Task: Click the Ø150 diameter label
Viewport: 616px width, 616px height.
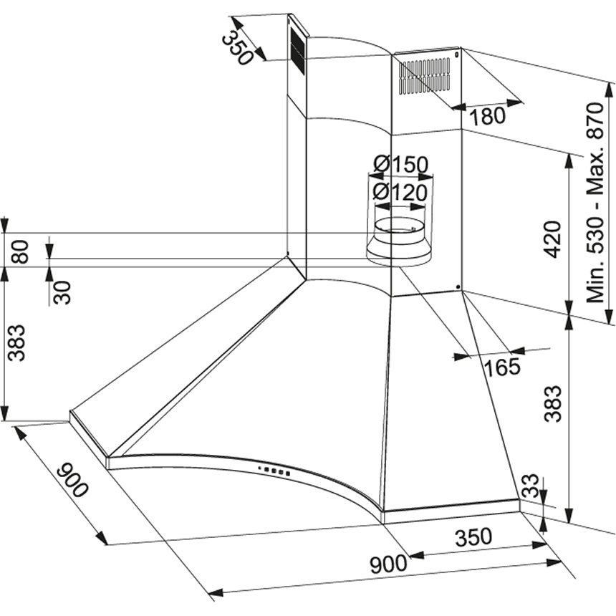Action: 401,165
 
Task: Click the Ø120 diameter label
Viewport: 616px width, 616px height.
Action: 400,192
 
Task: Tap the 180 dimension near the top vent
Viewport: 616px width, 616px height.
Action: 488,116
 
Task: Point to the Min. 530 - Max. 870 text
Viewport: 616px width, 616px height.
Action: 599,202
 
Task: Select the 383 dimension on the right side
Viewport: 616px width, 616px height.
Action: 551,404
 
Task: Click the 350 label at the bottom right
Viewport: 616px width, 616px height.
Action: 473,536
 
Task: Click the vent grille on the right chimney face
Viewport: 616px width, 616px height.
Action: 425,77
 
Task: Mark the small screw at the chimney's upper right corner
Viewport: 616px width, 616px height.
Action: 456,52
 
